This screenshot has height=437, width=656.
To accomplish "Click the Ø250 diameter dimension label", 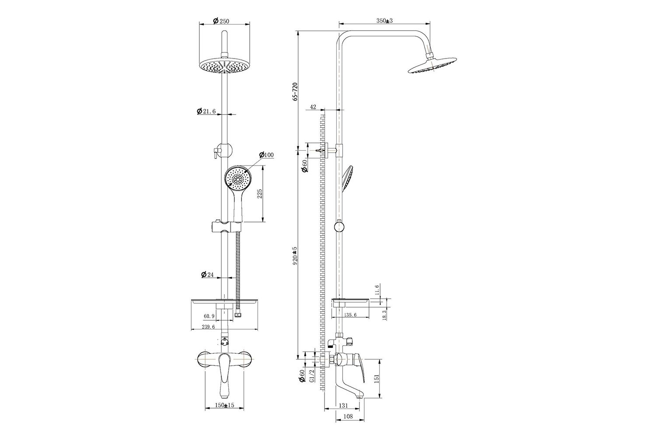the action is tap(221, 21).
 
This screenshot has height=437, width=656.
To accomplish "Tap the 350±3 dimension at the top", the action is tap(384, 21).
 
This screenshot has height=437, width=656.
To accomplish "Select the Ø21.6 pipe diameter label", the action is tap(206, 111).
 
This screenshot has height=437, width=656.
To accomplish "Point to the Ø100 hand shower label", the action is tap(266, 155).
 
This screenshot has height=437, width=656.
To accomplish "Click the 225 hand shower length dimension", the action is tap(259, 194).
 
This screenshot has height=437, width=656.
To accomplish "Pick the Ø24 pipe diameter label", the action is tap(208, 274).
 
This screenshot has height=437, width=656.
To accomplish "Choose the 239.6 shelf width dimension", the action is tap(208, 326).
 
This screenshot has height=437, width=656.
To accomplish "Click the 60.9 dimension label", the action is tap(209, 316).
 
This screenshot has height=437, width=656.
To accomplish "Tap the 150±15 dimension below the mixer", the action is tap(224, 405).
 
